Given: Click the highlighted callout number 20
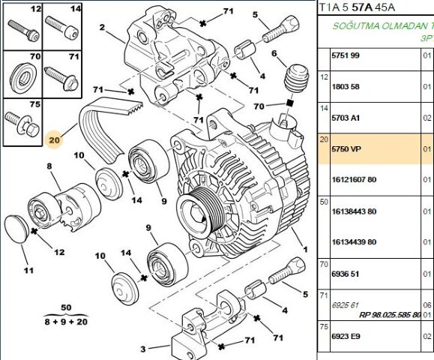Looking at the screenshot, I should [x=52, y=139].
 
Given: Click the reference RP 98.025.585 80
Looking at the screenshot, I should [x=391, y=315].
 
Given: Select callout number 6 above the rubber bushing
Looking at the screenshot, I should [x=274, y=53].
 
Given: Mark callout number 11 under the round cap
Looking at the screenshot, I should [x=28, y=270].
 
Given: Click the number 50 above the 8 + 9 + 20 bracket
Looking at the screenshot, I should [x=66, y=308].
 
